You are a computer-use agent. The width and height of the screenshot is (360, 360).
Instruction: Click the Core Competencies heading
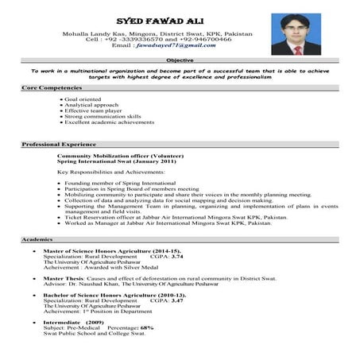pyautogui.click(x=52, y=86)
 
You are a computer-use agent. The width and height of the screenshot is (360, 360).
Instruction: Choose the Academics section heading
pyautogui.click(x=37, y=238)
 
